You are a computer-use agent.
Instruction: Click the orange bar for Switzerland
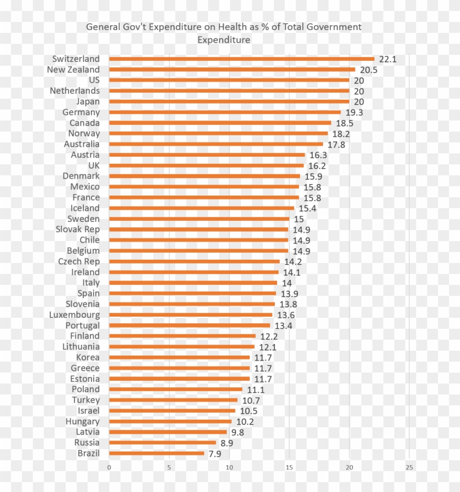pos(241,59)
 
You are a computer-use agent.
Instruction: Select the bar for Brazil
pos(157,453)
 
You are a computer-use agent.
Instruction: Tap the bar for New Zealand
pos(232,70)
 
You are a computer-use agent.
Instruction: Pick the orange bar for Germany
pos(225,112)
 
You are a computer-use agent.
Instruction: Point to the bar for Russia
pos(163,443)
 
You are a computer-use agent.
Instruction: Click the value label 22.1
pos(388,59)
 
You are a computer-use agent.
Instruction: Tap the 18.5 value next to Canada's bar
pos(344,123)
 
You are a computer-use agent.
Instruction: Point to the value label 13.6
pos(286,315)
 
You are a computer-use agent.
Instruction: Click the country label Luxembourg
pos(74,315)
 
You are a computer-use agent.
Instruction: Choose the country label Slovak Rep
pos(78,230)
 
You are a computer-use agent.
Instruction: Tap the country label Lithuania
pos(81,347)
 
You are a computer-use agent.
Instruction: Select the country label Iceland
pos(85,208)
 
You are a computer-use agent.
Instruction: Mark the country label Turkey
pos(86,400)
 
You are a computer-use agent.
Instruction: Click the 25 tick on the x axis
pos(409,467)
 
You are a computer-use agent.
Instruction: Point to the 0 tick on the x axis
pos(109,467)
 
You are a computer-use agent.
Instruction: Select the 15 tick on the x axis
pos(289,467)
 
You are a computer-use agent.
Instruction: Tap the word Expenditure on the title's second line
pos(223,39)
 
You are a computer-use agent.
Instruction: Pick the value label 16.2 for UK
pos(317,166)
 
